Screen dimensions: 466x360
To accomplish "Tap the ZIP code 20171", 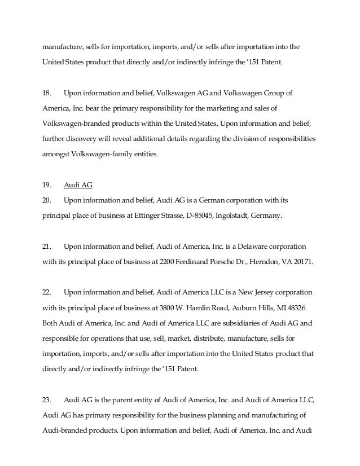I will click(301, 262).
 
